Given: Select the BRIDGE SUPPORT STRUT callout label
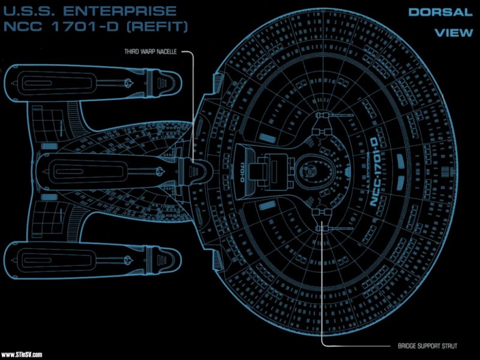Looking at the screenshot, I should click(428, 346).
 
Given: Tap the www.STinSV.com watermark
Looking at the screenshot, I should click(22, 355).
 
